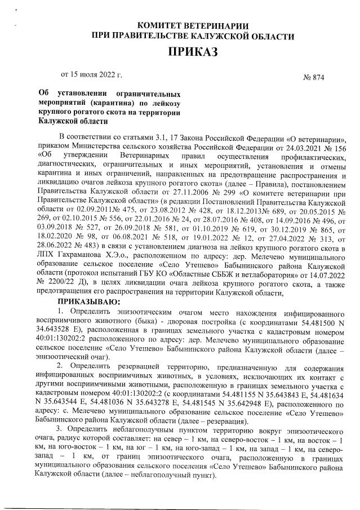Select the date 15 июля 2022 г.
click(95, 74)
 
